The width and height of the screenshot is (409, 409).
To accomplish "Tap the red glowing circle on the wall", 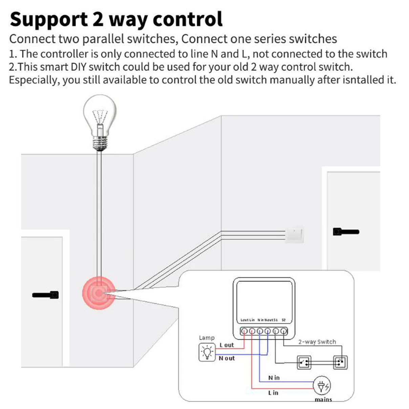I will (99, 293).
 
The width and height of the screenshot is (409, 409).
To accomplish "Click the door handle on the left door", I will (46, 295).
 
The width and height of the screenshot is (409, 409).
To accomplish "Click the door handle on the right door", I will (346, 232).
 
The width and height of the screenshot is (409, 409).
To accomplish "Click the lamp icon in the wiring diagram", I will (207, 352).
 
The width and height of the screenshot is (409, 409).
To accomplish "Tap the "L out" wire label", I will (227, 345).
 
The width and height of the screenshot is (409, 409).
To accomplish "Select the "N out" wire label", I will (227, 358).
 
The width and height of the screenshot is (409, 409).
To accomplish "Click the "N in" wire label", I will (274, 378).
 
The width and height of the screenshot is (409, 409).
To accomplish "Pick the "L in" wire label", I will (273, 393).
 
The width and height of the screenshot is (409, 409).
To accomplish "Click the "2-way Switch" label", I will (317, 342).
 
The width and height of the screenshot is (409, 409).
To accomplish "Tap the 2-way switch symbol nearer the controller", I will (304, 363).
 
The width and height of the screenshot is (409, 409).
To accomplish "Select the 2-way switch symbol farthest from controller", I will (340, 362).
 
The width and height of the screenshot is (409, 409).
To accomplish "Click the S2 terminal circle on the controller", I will (284, 331).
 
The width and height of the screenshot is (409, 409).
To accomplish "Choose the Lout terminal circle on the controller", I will (244, 331).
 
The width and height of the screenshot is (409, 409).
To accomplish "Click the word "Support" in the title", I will (49, 20).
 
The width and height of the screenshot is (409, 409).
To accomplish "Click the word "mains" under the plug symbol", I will (323, 400).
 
